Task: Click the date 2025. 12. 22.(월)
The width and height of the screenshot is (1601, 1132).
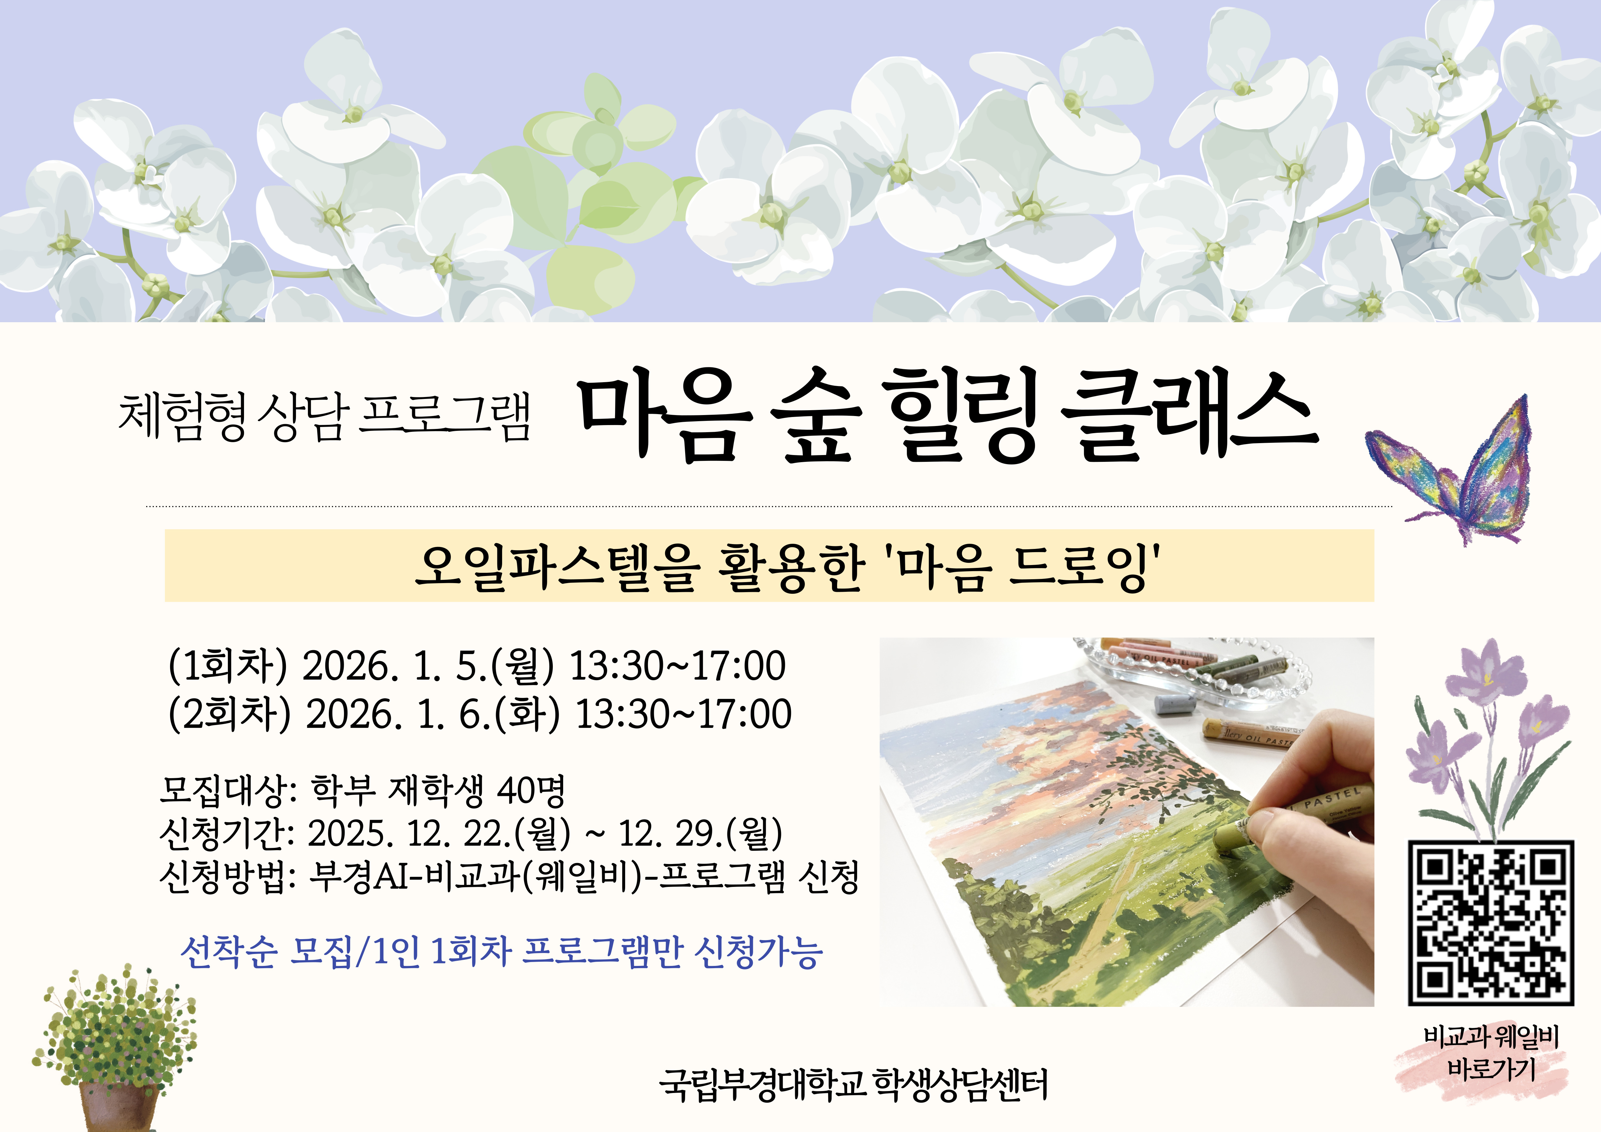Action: point(439,833)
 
